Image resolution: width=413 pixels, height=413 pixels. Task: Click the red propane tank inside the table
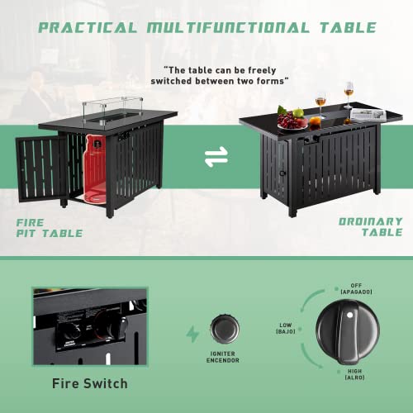tap(95, 169)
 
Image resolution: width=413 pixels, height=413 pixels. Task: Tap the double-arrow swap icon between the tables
tap(216, 157)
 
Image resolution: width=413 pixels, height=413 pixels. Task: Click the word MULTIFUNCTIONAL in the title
tap(228, 28)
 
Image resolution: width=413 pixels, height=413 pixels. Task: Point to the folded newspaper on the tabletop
tap(368, 115)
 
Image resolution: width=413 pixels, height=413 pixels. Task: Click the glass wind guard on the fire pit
tap(113, 110)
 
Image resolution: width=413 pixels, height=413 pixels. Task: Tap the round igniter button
tap(225, 329)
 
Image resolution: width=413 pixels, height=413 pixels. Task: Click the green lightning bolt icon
tap(192, 334)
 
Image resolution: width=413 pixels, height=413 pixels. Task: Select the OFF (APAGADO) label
tap(356, 288)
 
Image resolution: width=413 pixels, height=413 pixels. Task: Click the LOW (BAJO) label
tap(286, 328)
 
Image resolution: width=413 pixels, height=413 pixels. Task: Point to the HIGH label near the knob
tap(354, 371)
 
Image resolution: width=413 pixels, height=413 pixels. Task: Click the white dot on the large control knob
tap(349, 315)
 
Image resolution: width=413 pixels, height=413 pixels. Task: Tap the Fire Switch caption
tap(90, 383)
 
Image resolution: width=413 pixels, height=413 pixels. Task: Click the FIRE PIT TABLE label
tap(50, 228)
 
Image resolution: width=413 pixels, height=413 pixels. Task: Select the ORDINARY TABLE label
tap(371, 227)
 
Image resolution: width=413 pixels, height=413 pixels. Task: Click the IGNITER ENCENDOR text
tap(223, 357)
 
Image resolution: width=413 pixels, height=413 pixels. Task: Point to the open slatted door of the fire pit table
tap(41, 169)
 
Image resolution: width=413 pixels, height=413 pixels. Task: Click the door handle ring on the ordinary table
tap(282, 173)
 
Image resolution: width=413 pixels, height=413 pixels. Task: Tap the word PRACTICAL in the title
tap(88, 28)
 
